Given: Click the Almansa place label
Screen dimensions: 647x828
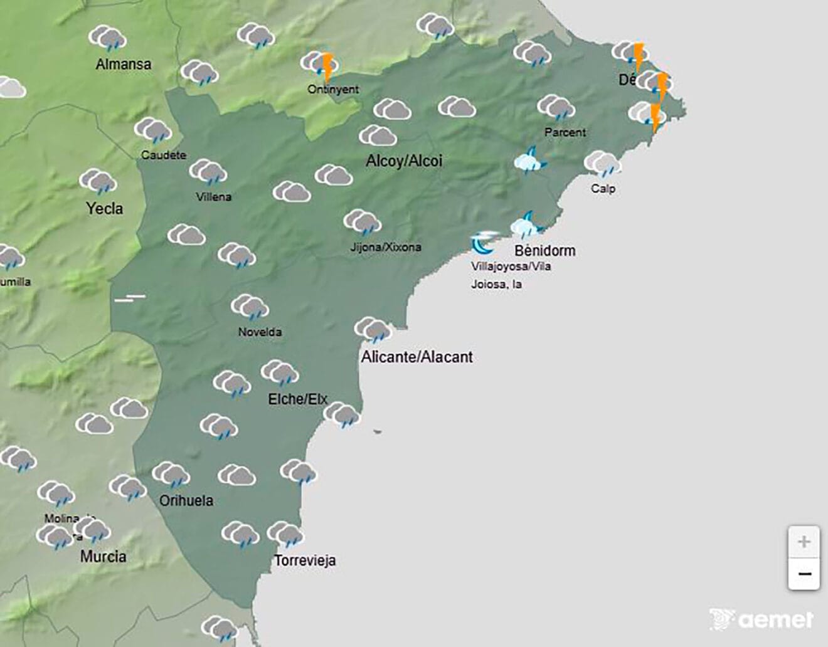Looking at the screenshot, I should (x=123, y=64).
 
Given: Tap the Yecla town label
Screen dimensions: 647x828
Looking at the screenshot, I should (x=104, y=208).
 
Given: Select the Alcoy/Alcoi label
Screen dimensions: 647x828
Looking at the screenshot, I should (x=404, y=161).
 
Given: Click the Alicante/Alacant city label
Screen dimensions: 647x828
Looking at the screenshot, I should (x=417, y=357).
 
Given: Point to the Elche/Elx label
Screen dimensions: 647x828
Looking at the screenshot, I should (x=297, y=399).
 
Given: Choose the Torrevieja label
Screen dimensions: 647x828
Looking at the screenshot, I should (x=305, y=560).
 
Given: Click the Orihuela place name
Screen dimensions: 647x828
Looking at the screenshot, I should (x=186, y=500).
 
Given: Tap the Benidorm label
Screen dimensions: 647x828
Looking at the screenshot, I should (x=544, y=251).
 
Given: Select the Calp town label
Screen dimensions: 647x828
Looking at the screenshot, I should (x=603, y=188).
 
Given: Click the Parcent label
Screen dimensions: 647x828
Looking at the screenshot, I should (x=565, y=132).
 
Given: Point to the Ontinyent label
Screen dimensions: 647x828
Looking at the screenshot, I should (x=333, y=89).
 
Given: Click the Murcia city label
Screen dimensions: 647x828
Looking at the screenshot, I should (x=103, y=556).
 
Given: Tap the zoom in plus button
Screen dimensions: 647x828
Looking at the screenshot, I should (x=804, y=542).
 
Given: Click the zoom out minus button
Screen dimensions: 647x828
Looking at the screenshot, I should (x=804, y=574).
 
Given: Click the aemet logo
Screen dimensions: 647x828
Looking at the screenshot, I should (x=762, y=619).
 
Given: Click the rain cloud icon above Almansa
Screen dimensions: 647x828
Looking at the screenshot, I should (x=107, y=38).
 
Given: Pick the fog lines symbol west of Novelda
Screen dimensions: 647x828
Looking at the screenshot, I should (x=130, y=298).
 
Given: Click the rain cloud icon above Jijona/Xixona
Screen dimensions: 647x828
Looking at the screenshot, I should (x=363, y=222).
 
